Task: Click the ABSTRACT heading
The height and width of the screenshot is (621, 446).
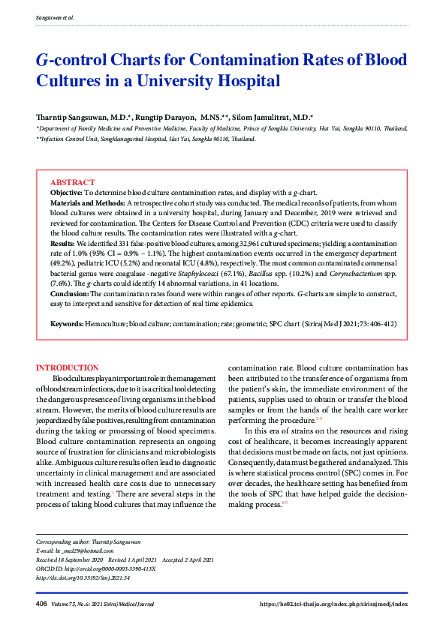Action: (72, 183)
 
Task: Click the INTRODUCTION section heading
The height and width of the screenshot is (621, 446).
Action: (68, 367)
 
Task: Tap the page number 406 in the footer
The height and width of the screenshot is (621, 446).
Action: (41, 604)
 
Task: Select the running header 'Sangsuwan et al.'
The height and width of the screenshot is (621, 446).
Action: (55, 16)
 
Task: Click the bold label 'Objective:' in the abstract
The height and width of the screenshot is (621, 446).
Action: (66, 193)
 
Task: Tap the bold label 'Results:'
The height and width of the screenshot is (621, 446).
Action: (62, 244)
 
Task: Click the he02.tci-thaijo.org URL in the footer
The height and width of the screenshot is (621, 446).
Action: (333, 604)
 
